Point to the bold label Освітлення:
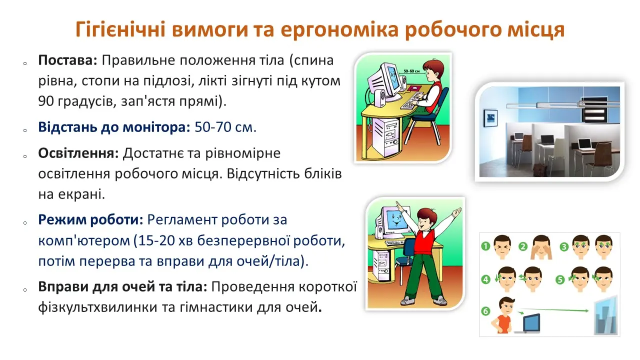[78, 152]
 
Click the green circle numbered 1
[485, 246]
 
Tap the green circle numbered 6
[485, 310]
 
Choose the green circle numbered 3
[563, 246]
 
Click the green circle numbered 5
[559, 279]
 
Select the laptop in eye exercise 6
[531, 323]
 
